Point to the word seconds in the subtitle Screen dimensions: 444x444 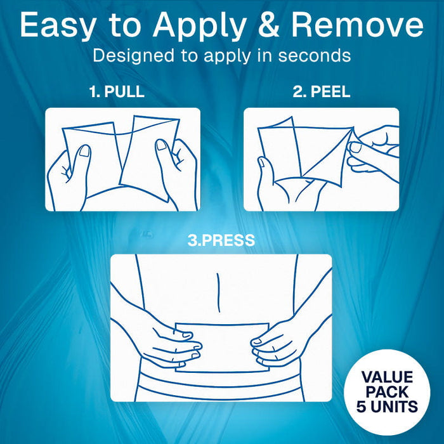[313, 55]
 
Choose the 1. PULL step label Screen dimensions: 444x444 [117, 91]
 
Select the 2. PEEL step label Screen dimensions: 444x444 [321, 91]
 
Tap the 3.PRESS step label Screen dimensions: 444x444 [221, 241]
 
